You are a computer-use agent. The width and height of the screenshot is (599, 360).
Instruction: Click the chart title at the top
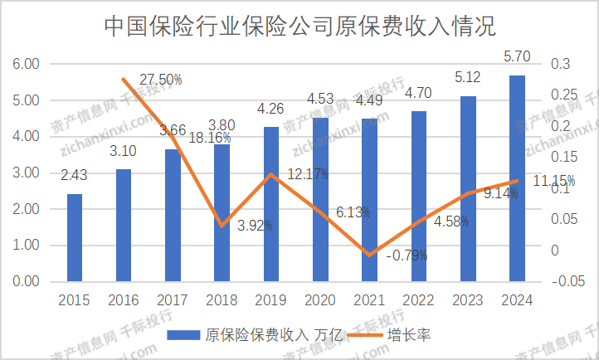click(x=299, y=27)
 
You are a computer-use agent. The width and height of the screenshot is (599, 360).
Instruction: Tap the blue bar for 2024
click(x=517, y=178)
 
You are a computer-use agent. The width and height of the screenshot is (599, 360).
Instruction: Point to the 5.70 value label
click(x=516, y=58)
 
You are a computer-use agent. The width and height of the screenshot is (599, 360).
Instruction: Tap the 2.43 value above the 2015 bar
click(x=75, y=175)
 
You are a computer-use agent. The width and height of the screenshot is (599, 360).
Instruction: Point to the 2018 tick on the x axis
click(x=222, y=299)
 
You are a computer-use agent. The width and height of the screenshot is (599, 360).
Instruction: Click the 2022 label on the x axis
click(x=419, y=299)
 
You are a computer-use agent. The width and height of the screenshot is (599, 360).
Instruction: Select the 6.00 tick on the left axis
click(x=27, y=64)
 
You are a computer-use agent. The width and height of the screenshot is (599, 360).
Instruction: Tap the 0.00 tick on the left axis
click(x=27, y=282)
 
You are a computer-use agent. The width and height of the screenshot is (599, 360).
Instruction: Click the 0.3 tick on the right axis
click(x=562, y=64)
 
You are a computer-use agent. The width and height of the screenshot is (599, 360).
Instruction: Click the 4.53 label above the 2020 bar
click(x=320, y=100)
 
